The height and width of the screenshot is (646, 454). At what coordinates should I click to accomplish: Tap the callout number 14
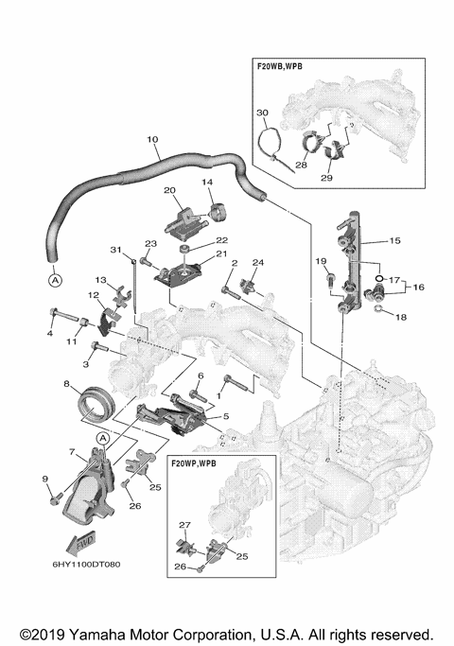[208, 183]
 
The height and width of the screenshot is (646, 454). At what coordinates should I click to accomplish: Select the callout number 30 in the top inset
[263, 112]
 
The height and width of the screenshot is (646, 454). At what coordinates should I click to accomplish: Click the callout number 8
[67, 384]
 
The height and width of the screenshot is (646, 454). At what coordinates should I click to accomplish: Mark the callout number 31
[117, 250]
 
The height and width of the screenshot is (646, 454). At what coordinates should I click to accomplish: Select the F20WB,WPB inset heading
[287, 68]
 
